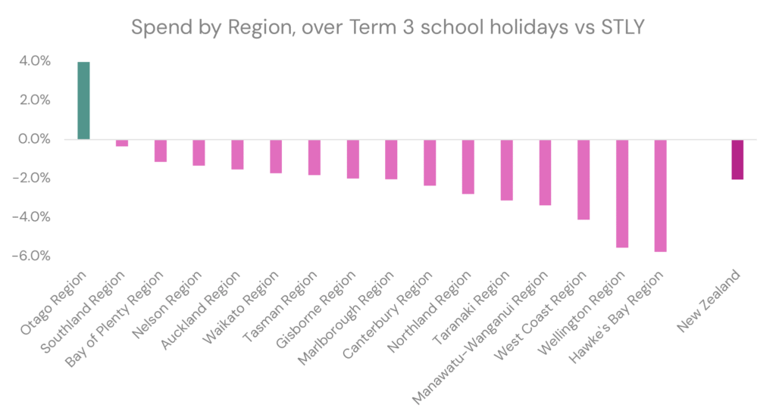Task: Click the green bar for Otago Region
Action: pyautogui.click(x=83, y=101)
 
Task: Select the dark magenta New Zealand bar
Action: pyautogui.click(x=737, y=160)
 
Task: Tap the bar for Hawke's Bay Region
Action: pyautogui.click(x=660, y=196)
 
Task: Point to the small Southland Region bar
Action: pyautogui.click(x=121, y=143)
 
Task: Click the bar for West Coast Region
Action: pyautogui.click(x=584, y=179)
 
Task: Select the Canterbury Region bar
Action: pyautogui.click(x=430, y=163)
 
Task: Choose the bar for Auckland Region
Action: pyautogui.click(x=237, y=154)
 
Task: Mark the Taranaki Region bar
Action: pyautogui.click(x=506, y=170)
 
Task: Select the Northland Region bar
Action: pyautogui.click(x=468, y=167)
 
